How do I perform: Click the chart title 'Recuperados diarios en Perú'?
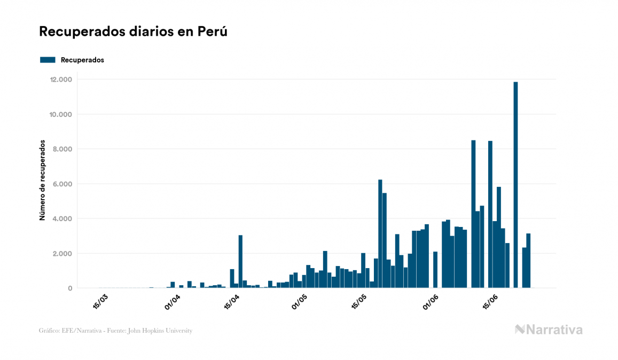[x=133, y=32]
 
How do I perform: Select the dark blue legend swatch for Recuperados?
[x=48, y=60]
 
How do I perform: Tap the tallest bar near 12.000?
[x=515, y=184]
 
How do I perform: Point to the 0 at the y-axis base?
[x=70, y=288]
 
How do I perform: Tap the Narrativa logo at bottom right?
[x=549, y=330]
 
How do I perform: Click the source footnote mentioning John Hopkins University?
[x=115, y=331]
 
